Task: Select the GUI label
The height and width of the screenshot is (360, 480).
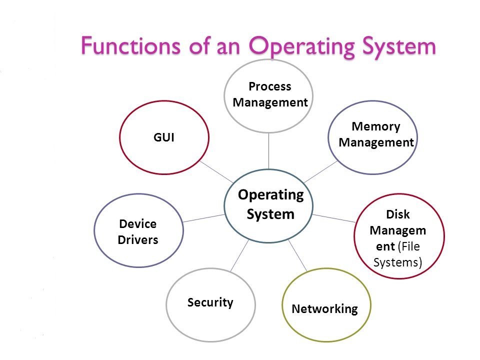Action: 163,137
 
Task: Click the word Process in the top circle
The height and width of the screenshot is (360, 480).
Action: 269,86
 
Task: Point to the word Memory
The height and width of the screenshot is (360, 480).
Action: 376,126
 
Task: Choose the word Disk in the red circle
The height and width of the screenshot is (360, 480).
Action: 398,214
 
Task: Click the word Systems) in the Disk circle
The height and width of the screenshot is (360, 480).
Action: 398,262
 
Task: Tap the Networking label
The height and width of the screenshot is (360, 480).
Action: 324,308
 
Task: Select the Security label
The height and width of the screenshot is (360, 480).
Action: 210,302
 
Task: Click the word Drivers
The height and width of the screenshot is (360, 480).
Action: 138,239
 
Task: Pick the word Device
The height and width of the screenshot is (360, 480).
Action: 138,223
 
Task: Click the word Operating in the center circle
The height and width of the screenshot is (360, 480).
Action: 270,194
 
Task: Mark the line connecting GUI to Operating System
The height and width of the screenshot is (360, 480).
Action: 216,171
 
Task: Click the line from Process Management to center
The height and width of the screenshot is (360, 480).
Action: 269,151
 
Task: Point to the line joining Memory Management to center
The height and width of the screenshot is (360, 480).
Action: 320,172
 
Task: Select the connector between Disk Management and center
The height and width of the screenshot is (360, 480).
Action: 334,218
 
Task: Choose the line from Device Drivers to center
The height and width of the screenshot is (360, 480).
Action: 203,218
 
